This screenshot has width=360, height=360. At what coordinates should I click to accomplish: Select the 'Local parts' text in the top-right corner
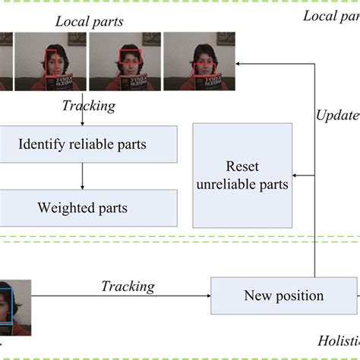[330, 16]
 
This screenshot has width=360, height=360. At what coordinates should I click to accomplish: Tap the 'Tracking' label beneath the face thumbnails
[88, 106]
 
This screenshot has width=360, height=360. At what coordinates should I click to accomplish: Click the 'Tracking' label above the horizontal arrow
[128, 286]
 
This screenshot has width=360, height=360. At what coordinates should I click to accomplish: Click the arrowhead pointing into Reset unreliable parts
[298, 176]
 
